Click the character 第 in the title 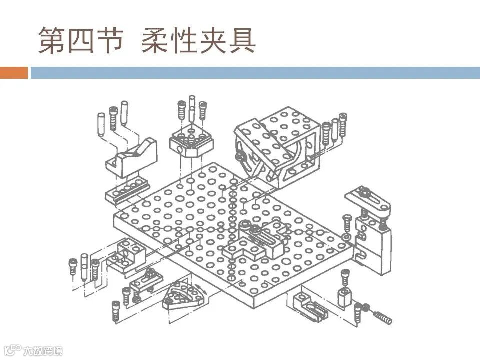(53, 40)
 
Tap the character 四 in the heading (82, 40)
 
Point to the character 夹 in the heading (214, 40)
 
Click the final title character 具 (242, 40)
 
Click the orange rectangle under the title (13, 73)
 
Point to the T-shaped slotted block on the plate (255, 240)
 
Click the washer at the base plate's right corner (344, 234)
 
